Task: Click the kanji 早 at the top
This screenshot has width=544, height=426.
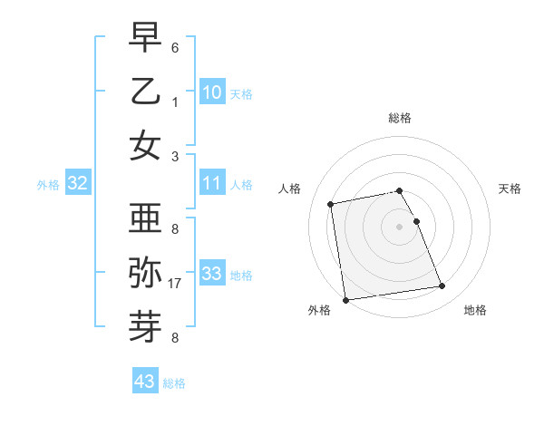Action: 145,39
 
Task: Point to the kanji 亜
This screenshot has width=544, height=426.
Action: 145,218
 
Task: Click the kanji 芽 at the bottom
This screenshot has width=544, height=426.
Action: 145,324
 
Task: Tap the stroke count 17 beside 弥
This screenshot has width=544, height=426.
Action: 176,284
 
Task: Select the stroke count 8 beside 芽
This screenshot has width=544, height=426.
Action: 174,338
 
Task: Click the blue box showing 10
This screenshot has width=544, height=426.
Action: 211,92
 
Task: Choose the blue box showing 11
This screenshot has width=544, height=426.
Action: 211,183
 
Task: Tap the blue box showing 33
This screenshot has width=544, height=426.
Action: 211,274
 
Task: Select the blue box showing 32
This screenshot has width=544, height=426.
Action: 77,183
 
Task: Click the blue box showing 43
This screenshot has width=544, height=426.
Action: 144,382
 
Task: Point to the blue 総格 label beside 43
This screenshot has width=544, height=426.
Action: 174,383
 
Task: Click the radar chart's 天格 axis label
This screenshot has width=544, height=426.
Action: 510,189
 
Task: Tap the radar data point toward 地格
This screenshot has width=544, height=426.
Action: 442,287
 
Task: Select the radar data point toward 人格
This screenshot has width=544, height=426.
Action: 331,203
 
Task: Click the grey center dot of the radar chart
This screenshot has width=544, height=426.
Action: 399,226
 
